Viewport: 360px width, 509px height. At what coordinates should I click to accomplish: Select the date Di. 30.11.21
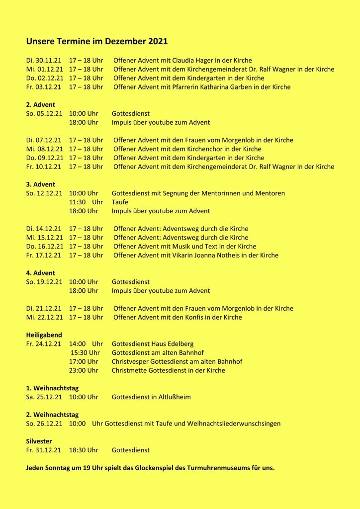(44, 61)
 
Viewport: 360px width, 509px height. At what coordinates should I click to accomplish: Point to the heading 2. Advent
(41, 105)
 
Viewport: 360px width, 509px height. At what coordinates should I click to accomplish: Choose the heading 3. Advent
(41, 184)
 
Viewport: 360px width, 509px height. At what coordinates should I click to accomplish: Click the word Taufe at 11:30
(120, 202)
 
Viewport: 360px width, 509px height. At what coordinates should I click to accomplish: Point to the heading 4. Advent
(41, 273)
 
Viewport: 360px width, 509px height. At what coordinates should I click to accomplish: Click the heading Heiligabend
(44, 335)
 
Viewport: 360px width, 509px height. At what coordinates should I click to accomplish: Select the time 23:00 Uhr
(84, 370)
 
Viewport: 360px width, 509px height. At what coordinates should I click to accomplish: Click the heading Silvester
(39, 441)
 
